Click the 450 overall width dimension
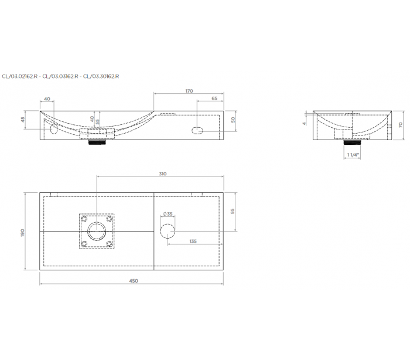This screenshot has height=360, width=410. coord(134,281)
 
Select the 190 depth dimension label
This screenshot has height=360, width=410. coord(22,233)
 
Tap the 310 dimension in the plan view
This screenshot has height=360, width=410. coord(162,174)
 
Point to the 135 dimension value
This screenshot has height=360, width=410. coord(193,241)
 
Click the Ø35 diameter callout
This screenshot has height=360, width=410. coord(168,214)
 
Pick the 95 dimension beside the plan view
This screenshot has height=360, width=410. coord(233,211)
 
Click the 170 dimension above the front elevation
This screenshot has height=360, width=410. coord(189,91)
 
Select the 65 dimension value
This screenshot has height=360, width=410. coord(214,99)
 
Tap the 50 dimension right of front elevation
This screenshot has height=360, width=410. coord(233,120)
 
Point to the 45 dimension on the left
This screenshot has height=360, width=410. coord(23,120)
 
